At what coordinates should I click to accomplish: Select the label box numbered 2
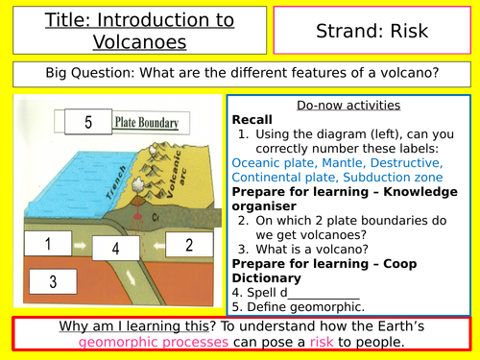(189, 244)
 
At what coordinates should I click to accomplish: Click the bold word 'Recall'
(254, 119)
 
